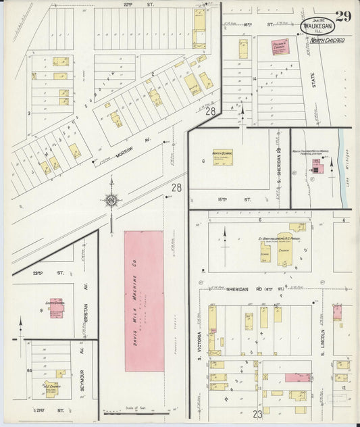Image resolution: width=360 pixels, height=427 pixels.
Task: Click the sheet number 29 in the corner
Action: (342, 17)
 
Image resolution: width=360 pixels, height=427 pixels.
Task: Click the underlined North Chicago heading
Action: (328, 41)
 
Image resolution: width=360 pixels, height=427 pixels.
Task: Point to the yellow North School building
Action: (223, 156)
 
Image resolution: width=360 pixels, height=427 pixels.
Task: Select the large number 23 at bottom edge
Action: (257, 415)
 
